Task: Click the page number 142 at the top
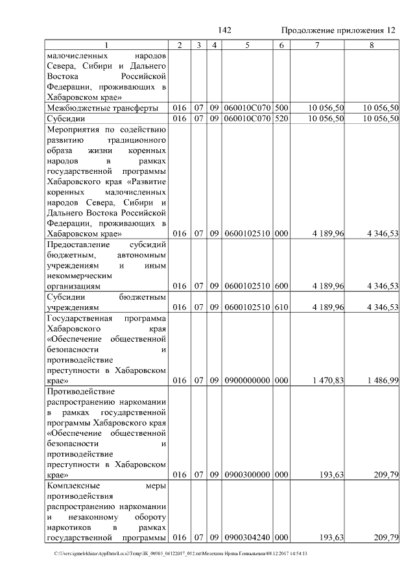(225, 30)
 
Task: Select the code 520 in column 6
(281, 119)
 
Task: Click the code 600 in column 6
(281, 286)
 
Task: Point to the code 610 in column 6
(281, 308)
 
